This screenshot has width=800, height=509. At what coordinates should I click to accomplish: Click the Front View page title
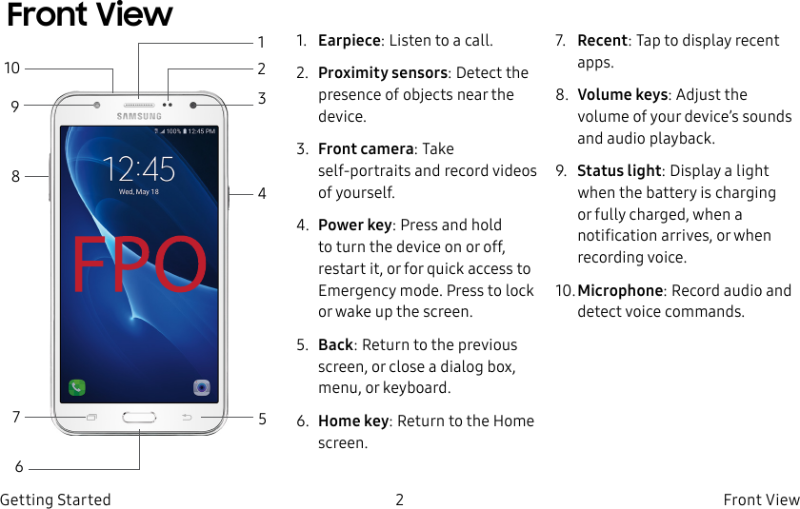(90, 16)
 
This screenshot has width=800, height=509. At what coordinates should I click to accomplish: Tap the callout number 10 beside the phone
(12, 69)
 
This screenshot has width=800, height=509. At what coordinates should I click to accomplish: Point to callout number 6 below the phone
(19, 467)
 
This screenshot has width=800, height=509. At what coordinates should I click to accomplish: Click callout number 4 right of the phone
(262, 194)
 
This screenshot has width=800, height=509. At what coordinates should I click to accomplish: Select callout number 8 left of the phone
(15, 176)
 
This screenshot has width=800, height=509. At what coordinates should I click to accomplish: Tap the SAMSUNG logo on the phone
(139, 116)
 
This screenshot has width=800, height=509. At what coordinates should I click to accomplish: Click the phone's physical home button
(139, 417)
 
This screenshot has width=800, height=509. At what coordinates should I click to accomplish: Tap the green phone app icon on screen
(77, 387)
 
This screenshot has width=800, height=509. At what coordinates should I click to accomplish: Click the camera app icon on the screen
(202, 387)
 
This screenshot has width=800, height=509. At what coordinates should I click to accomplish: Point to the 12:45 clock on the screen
(139, 169)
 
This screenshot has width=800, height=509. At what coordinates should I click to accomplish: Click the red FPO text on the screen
(139, 264)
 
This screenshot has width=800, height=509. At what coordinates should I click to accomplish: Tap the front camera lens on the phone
(193, 104)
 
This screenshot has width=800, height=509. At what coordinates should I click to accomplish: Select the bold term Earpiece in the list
(349, 41)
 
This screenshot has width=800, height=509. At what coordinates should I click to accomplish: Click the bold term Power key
(354, 225)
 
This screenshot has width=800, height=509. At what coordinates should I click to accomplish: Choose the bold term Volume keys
(622, 95)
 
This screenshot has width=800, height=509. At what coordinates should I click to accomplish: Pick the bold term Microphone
(620, 291)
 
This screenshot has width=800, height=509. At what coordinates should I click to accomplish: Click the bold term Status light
(619, 171)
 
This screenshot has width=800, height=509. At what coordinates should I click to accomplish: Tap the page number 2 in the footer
(400, 499)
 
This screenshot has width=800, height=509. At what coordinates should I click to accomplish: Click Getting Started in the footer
(55, 499)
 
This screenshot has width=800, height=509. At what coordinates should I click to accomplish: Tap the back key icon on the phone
(187, 417)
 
